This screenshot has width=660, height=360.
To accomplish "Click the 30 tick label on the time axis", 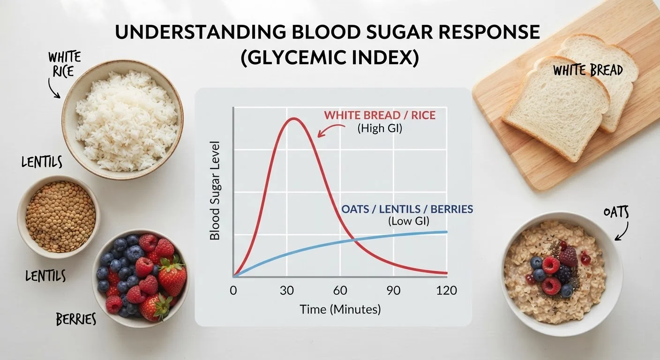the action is (287, 291).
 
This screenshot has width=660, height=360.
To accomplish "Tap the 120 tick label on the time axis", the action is (446, 291).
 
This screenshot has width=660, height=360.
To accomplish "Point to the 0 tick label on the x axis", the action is (233, 291).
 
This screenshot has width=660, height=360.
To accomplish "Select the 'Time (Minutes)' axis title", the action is (340, 310).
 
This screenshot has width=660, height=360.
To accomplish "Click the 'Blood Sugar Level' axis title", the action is (215, 191).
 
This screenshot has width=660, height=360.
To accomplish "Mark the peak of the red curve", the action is (293, 119).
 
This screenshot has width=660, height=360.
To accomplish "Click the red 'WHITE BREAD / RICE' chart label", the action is (380, 115).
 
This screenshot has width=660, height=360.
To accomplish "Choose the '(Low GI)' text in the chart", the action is (409, 221).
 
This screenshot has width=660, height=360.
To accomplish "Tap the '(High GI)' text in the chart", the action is (380, 128).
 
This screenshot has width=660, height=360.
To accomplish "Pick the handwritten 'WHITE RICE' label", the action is (64, 64).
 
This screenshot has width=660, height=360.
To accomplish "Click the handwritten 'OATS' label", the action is (616, 212).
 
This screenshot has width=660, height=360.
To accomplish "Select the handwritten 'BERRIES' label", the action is (76, 319).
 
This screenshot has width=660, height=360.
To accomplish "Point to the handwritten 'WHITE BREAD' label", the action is (588, 71).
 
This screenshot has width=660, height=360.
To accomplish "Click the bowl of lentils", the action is (59, 217).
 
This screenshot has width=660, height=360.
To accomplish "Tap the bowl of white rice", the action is (122, 120).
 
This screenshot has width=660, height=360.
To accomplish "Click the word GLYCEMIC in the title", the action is (295, 58).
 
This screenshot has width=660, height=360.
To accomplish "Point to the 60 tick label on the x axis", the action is (340, 291).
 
